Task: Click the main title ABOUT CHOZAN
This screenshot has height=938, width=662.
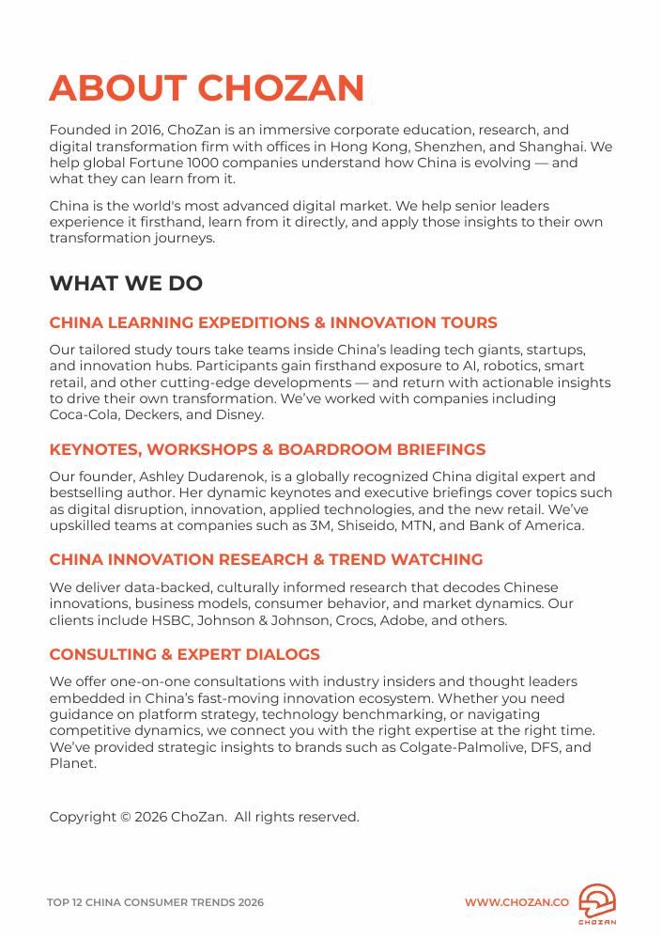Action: pyautogui.click(x=207, y=88)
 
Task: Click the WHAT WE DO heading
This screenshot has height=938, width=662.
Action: pyautogui.click(x=126, y=283)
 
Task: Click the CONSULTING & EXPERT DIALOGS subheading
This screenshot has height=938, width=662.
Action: pyautogui.click(x=184, y=654)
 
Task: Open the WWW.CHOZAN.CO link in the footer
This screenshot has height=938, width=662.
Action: pyautogui.click(x=516, y=902)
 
